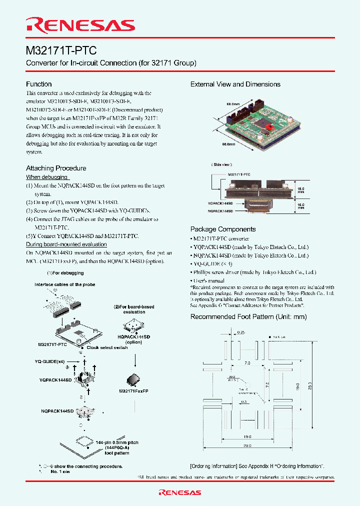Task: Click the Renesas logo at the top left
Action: (80, 25)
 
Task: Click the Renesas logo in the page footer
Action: (180, 492)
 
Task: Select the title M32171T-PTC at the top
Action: (61, 50)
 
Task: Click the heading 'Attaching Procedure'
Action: (56, 168)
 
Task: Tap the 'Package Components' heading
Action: (223, 229)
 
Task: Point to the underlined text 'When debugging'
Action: (47, 177)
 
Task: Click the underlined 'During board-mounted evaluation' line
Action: (66, 244)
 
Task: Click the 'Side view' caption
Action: (220, 164)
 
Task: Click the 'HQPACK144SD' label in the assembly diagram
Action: (133, 337)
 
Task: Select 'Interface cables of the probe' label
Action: (65, 284)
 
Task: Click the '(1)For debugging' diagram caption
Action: (65, 273)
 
